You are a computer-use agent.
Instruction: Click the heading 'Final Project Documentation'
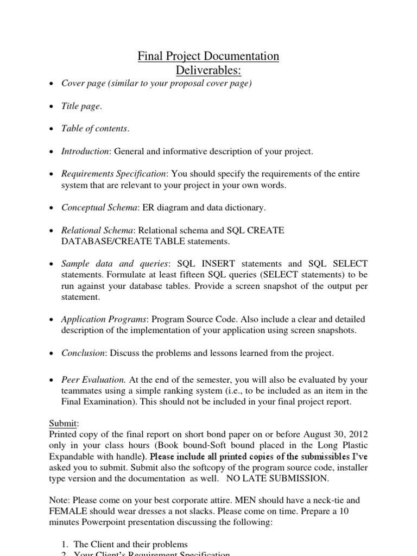(208, 56)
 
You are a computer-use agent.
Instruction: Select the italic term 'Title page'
(80, 106)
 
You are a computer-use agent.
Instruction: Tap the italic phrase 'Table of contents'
(94, 129)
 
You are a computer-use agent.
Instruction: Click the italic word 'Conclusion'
(83, 353)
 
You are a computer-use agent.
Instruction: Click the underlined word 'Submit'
(64, 423)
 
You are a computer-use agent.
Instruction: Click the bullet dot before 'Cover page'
(50, 84)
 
